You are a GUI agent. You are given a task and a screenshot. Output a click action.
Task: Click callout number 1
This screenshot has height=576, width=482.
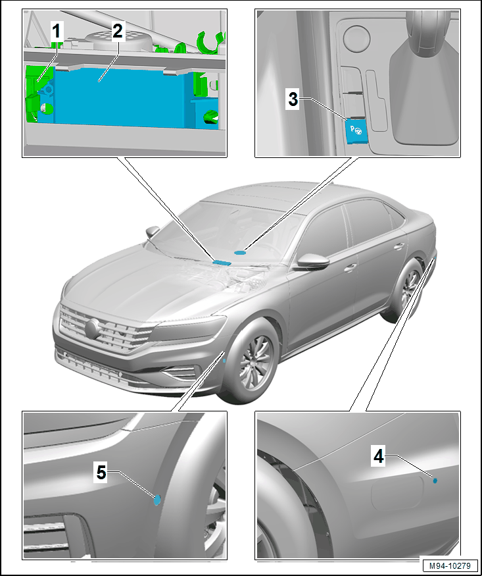click(56, 31)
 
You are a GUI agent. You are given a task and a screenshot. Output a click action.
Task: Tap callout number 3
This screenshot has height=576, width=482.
click(293, 99)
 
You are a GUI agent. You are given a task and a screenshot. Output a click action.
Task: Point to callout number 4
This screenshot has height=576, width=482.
click(378, 457)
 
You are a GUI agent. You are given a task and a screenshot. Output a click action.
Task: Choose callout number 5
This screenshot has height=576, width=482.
click(101, 473)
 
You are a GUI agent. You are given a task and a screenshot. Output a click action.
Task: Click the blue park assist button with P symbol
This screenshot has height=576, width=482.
click(355, 131)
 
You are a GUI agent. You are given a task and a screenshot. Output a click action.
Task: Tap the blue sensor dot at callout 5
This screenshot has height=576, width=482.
click(157, 500)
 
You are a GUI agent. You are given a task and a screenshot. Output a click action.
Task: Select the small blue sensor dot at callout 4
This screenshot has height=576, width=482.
click(435, 481)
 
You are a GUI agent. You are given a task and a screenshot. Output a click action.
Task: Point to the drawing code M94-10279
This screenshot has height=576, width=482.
click(450, 565)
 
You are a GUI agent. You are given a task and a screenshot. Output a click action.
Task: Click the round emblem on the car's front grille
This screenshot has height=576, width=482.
click(92, 328)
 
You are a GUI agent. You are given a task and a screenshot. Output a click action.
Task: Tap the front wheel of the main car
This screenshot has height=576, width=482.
click(252, 362)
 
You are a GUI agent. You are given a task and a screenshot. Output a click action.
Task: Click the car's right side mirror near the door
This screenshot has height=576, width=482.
click(313, 261)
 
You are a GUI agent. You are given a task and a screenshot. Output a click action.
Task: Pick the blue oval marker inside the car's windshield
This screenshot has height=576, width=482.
click(240, 252)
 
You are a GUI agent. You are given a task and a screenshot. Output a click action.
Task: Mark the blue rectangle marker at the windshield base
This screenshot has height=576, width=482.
click(222, 262)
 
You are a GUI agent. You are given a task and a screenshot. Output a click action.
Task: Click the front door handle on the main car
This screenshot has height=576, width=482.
click(350, 268)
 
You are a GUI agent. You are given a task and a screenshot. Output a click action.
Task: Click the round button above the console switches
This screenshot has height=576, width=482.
click(356, 38)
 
